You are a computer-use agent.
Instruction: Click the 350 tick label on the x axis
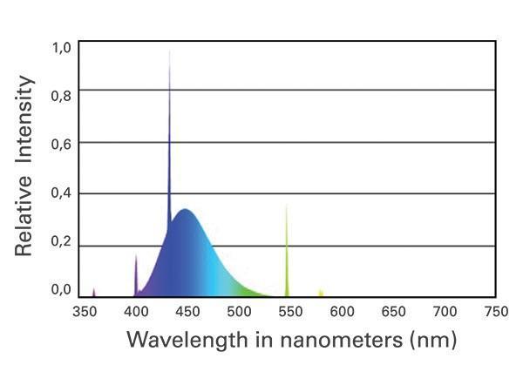click(x=84, y=312)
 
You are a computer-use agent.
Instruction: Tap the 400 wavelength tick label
click(x=135, y=312)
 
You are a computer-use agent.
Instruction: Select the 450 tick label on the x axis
click(x=187, y=312)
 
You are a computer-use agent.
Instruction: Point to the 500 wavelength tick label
click(x=238, y=312)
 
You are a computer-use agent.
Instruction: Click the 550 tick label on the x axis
click(x=289, y=312)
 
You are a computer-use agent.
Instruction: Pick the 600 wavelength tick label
click(x=341, y=312)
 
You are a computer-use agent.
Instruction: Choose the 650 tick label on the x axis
click(x=392, y=312)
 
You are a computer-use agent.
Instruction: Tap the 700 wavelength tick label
click(x=444, y=312)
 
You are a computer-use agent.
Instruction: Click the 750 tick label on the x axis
click(x=495, y=312)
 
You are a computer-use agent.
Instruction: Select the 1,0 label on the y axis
click(x=60, y=48)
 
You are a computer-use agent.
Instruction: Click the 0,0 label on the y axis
click(x=60, y=290)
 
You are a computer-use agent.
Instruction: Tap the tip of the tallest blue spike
click(x=169, y=51)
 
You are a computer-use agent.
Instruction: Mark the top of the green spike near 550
click(x=287, y=206)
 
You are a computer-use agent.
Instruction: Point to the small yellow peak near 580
click(x=321, y=291)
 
